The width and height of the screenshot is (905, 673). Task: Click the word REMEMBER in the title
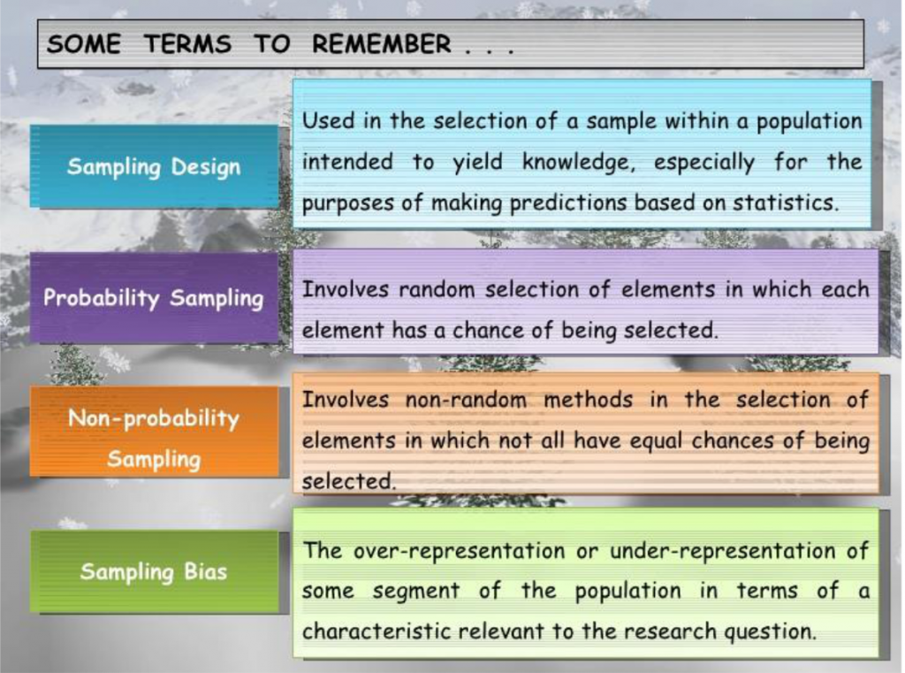coord(380,44)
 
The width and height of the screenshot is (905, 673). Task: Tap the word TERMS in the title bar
coord(187,44)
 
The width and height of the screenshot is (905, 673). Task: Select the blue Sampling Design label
coord(154,166)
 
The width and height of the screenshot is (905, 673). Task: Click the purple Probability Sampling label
coord(154,298)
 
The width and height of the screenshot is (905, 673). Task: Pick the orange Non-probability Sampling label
coord(154,439)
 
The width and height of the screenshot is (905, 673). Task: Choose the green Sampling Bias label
coord(154,571)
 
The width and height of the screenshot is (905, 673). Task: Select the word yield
coord(477,163)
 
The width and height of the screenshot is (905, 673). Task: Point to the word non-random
coord(466,400)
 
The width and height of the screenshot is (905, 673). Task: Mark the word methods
coord(587,400)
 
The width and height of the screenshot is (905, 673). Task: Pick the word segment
coord(415,591)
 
